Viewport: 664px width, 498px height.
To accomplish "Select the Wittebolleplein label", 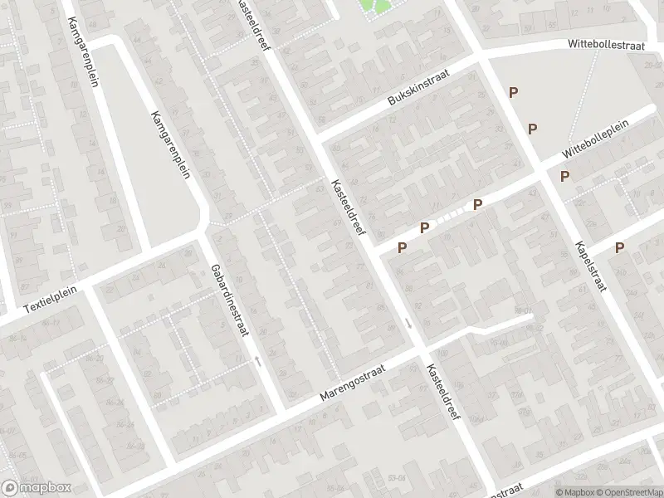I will click(x=594, y=139).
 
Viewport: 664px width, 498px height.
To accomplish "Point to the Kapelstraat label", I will click(x=589, y=265).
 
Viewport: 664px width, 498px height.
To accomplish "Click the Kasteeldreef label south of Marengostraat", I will click(x=443, y=394).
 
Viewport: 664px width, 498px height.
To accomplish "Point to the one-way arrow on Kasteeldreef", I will click(x=408, y=323).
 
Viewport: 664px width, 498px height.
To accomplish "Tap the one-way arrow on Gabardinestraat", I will click(x=257, y=360).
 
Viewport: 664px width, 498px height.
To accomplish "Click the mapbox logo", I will click(x=37, y=487).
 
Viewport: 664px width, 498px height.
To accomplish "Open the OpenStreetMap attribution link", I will click(x=630, y=491).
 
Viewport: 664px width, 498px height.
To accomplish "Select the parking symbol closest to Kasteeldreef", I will click(x=403, y=247).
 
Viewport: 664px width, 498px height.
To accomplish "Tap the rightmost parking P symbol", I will click(x=619, y=247).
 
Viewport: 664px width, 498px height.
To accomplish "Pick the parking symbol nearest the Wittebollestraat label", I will click(x=514, y=93).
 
